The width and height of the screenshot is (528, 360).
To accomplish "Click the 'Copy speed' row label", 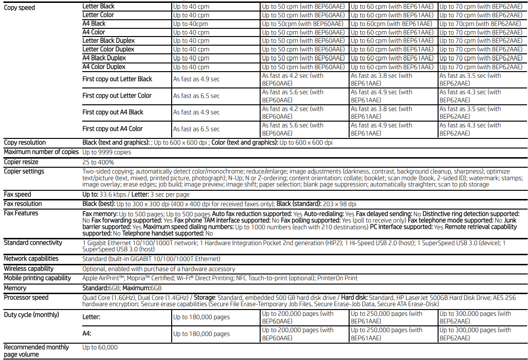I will [x=19, y=8].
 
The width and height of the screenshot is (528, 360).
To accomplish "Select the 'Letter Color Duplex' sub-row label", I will [x=108, y=49].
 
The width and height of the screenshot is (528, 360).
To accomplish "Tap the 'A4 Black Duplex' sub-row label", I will [x=104, y=58].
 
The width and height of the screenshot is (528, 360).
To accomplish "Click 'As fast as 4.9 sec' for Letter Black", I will [x=196, y=79].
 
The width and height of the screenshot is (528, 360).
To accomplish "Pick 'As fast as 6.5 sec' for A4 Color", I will [x=196, y=129].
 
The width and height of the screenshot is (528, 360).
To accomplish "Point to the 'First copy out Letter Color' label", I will [x=117, y=96].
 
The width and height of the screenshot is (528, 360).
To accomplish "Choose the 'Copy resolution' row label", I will [x=25, y=143].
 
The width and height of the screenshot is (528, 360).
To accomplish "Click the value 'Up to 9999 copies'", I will [x=107, y=152].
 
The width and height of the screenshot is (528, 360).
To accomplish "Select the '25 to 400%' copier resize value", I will [x=98, y=162].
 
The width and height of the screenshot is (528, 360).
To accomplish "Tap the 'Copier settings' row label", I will [x=24, y=172].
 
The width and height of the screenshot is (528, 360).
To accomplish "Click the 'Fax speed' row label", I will [x=17, y=195].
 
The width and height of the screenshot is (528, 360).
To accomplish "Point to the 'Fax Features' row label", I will [x=21, y=213].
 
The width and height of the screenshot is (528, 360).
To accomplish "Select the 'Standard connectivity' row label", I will [x=33, y=243].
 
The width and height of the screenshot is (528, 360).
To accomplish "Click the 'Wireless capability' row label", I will [x=29, y=269].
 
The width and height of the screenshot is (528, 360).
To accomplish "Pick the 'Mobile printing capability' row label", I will [x=38, y=278].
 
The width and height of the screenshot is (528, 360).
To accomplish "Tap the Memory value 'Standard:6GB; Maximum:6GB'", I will [x=122, y=288].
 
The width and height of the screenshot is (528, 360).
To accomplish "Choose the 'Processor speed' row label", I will [x=26, y=298].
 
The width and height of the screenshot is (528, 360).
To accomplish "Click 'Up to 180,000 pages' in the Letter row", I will [x=201, y=317].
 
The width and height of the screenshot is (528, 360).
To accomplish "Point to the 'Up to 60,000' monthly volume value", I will [x=100, y=348].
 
